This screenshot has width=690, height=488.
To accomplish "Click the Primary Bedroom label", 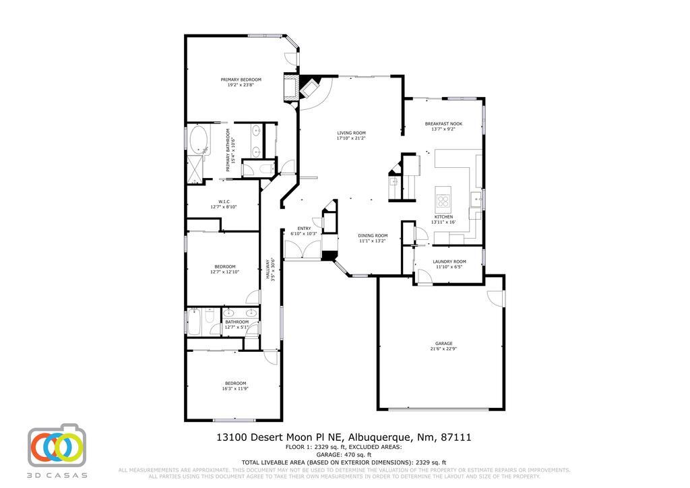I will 241,80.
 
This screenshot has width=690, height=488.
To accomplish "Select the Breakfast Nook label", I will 443,123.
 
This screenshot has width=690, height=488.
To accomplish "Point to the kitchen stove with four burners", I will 443,200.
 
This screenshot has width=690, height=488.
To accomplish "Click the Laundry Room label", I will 449,262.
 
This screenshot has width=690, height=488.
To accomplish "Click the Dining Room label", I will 372,235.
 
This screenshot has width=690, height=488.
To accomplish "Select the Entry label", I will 304,228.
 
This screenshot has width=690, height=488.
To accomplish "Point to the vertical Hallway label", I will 267,270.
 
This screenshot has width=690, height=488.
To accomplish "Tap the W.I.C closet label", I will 224,202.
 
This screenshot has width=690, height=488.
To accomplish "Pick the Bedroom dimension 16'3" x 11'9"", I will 234,389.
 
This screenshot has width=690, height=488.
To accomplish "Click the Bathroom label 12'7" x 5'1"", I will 237,322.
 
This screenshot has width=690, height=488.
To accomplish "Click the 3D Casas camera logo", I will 57,446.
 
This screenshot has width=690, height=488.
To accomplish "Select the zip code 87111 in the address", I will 456,437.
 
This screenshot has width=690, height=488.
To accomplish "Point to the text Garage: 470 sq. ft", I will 344,454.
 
